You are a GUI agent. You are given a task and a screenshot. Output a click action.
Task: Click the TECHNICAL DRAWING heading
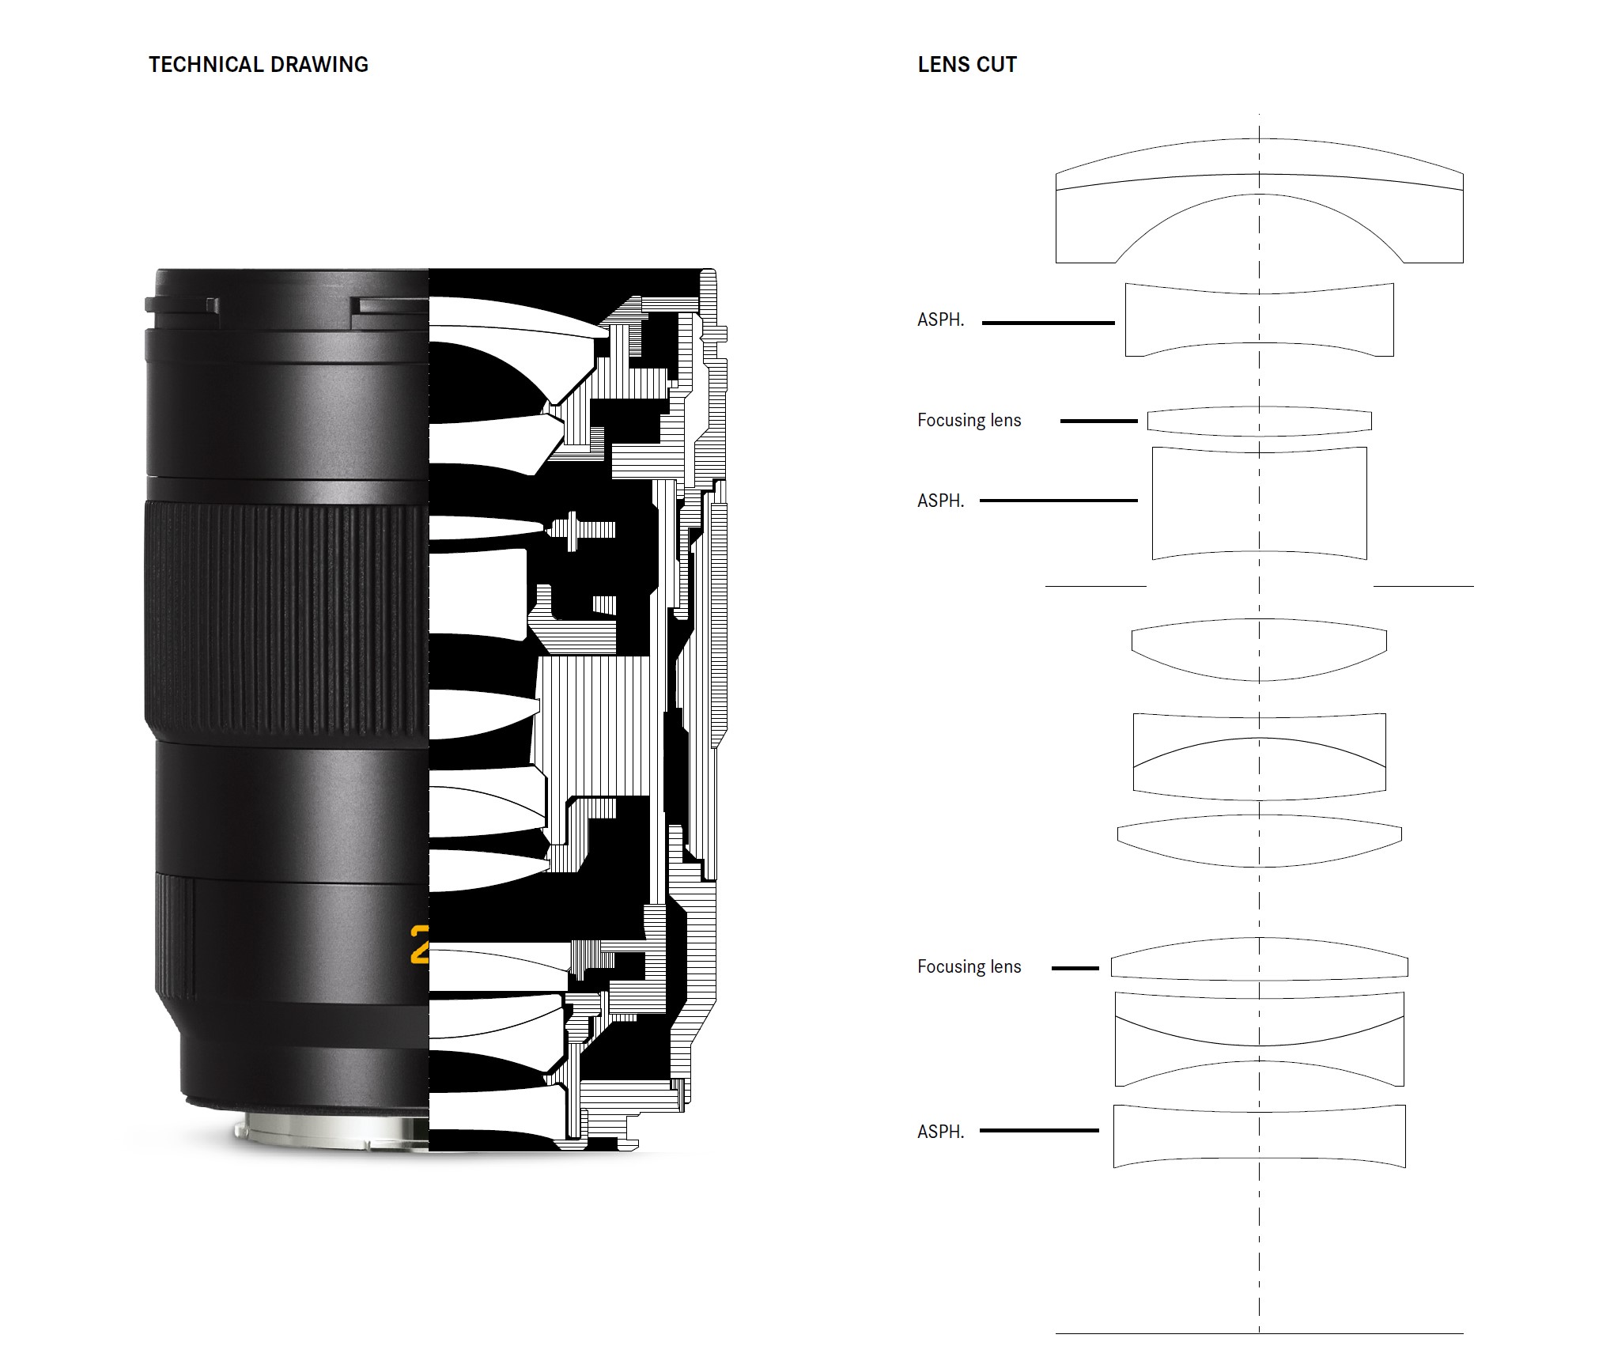pos(259,64)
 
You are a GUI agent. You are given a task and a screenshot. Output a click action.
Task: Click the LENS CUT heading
pos(967,64)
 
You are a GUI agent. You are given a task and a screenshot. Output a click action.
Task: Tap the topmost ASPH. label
pos(941,319)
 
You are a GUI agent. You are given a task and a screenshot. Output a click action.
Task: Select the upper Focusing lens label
pos(969,420)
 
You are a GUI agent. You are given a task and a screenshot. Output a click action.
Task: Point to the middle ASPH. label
pos(941,501)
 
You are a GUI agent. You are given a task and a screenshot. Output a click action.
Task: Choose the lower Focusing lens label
pos(969,966)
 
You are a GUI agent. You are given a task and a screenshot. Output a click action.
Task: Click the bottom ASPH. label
pos(941,1132)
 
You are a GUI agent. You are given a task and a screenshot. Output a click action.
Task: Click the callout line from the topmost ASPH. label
pos(1049,323)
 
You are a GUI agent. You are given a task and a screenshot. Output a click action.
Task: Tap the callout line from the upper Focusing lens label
pos(1099,422)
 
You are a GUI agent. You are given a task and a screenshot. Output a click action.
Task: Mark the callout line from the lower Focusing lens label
pos(1075,968)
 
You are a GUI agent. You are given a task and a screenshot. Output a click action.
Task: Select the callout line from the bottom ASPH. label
pos(1040,1131)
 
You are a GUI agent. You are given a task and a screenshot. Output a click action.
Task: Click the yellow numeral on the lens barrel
pos(420,944)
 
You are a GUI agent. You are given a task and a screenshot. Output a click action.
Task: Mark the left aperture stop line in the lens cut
pos(1096,586)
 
